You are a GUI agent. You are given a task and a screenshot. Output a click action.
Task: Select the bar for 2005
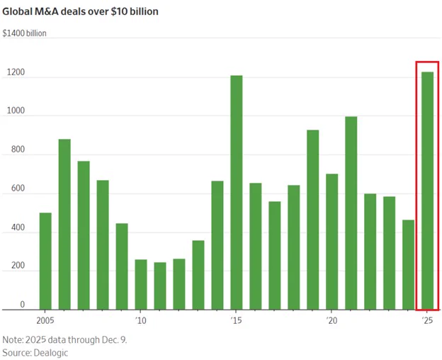pos(45,261)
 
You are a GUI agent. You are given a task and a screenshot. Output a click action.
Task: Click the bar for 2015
pos(237,192)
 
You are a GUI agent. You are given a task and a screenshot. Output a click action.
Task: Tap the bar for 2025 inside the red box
pos(428,191)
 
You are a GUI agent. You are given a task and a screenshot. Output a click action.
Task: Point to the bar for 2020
pos(332,241)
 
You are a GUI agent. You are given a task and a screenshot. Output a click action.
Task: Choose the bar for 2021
pos(351,213)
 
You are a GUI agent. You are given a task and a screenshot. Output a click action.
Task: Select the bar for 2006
pos(64,224)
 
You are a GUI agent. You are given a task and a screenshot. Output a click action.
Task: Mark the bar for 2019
pos(313,220)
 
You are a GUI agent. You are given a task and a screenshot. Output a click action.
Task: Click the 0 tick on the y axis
pos(22,304)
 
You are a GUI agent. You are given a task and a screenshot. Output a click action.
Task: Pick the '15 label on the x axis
pos(237,320)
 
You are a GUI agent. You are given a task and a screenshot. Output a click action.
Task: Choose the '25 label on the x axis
pos(427,320)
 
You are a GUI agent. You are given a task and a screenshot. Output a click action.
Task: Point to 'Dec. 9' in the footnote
pos(115,339)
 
